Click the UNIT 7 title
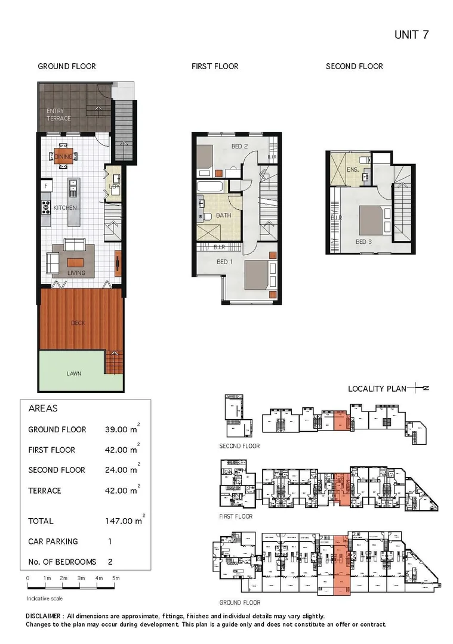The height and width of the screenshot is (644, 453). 411,35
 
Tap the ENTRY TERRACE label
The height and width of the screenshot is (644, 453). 58,114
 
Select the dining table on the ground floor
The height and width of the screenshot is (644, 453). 63,157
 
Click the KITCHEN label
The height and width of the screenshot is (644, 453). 65,208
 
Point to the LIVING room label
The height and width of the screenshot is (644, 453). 76,273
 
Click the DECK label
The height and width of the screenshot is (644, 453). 78,323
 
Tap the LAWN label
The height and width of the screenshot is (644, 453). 74,374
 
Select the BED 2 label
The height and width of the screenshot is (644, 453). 239,146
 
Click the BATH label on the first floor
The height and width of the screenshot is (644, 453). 224,215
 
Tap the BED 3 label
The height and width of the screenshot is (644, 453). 364,241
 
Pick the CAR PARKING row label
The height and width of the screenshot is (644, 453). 53,541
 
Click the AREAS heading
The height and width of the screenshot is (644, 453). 43,409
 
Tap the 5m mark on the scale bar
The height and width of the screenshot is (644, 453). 116,578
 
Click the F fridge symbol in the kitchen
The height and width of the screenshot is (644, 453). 45,187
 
